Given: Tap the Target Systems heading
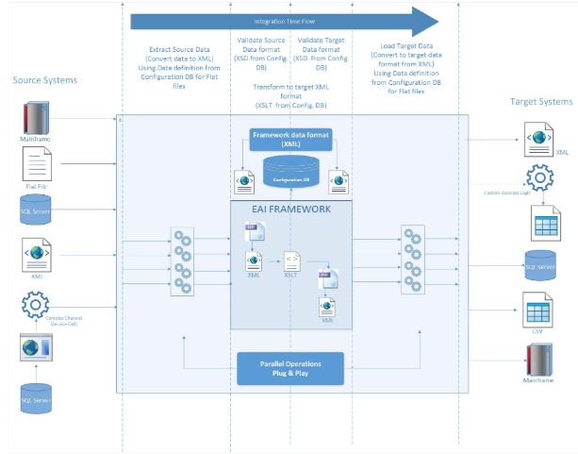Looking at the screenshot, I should click(540, 101).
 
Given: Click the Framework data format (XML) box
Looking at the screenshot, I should click(289, 138).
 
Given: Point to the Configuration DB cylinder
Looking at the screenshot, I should click(291, 176).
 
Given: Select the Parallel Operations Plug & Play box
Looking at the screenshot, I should click(290, 368).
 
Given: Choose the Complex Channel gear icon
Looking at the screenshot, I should click(34, 305).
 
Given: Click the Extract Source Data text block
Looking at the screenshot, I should click(176, 66).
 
